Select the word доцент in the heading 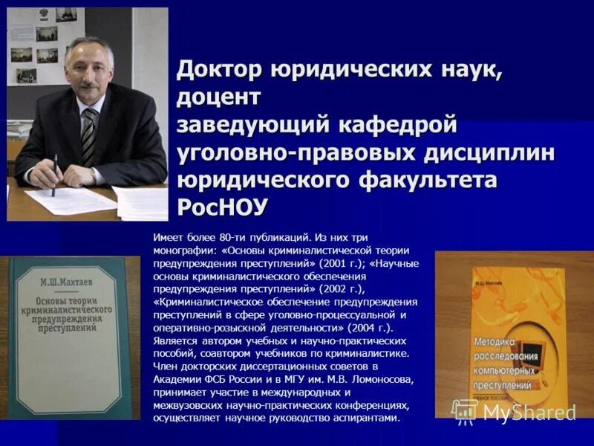[x=219, y=97]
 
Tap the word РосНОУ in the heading [x=222, y=206]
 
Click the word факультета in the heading [x=427, y=179]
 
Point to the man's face [x=87, y=72]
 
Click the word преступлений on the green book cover [x=68, y=326]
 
